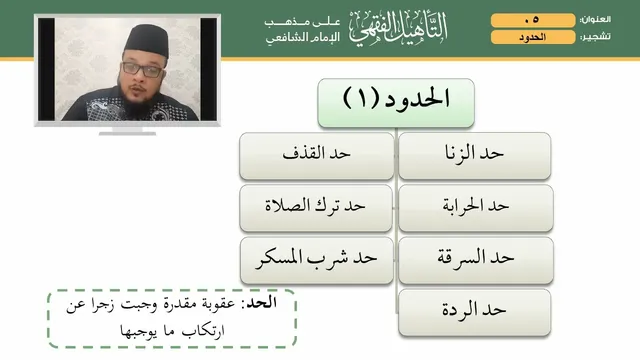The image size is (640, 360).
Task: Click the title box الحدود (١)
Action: pos(396,103)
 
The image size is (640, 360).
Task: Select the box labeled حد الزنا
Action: pos(475,156)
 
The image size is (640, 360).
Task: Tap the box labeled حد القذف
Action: pos(316,156)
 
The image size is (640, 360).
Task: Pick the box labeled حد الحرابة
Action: pos(476,208)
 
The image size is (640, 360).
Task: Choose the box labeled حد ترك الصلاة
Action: pos(316,208)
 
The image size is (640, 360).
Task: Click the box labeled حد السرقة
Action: pos(476,260)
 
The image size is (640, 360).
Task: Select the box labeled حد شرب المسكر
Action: pos(317,260)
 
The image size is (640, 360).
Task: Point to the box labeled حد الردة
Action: pos(475,312)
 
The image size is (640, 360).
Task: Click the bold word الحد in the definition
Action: pos(262,303)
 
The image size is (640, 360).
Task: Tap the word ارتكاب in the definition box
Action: pos(203,330)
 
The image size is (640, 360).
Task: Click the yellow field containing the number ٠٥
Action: pos(533,20)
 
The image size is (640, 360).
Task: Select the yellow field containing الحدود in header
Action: pos(533,37)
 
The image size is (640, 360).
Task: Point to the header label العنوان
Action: pos(596,20)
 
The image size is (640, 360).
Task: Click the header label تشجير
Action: pos(596,37)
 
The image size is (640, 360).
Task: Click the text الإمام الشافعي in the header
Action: pos(303,38)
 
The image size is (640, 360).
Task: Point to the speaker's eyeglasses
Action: pos(142,69)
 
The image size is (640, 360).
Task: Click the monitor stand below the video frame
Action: pos(127,131)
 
